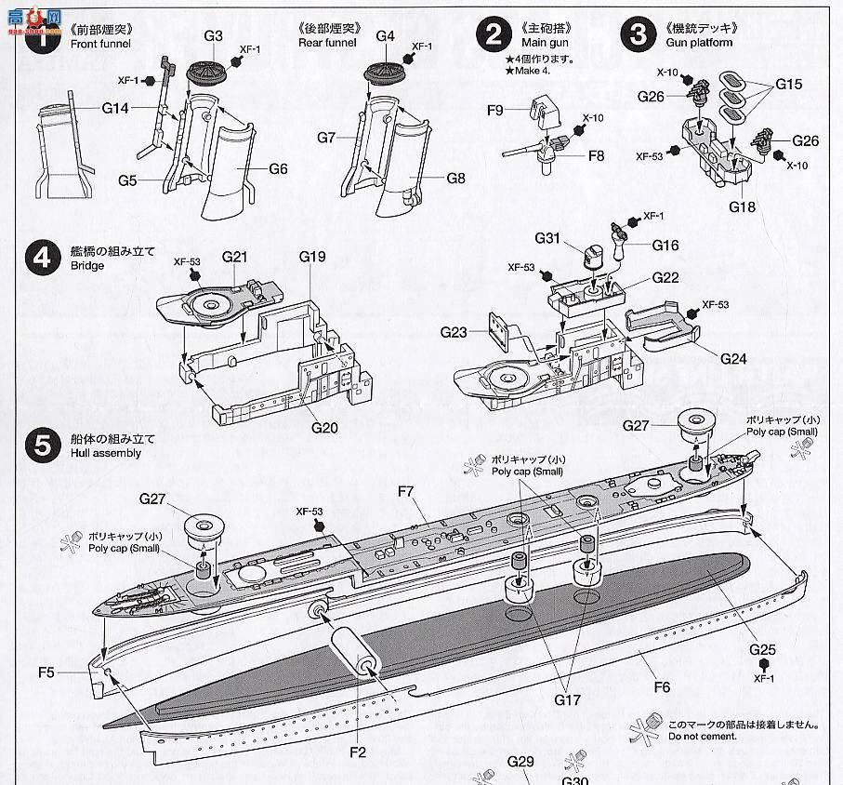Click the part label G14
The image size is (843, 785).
coord(115,109)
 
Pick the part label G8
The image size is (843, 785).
coord(455,179)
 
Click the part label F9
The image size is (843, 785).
coord(494,111)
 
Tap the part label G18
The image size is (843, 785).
coord(742,206)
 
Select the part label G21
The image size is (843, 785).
coord(235,256)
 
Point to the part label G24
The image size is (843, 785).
coord(732,359)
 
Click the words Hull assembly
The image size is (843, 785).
coord(104,454)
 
